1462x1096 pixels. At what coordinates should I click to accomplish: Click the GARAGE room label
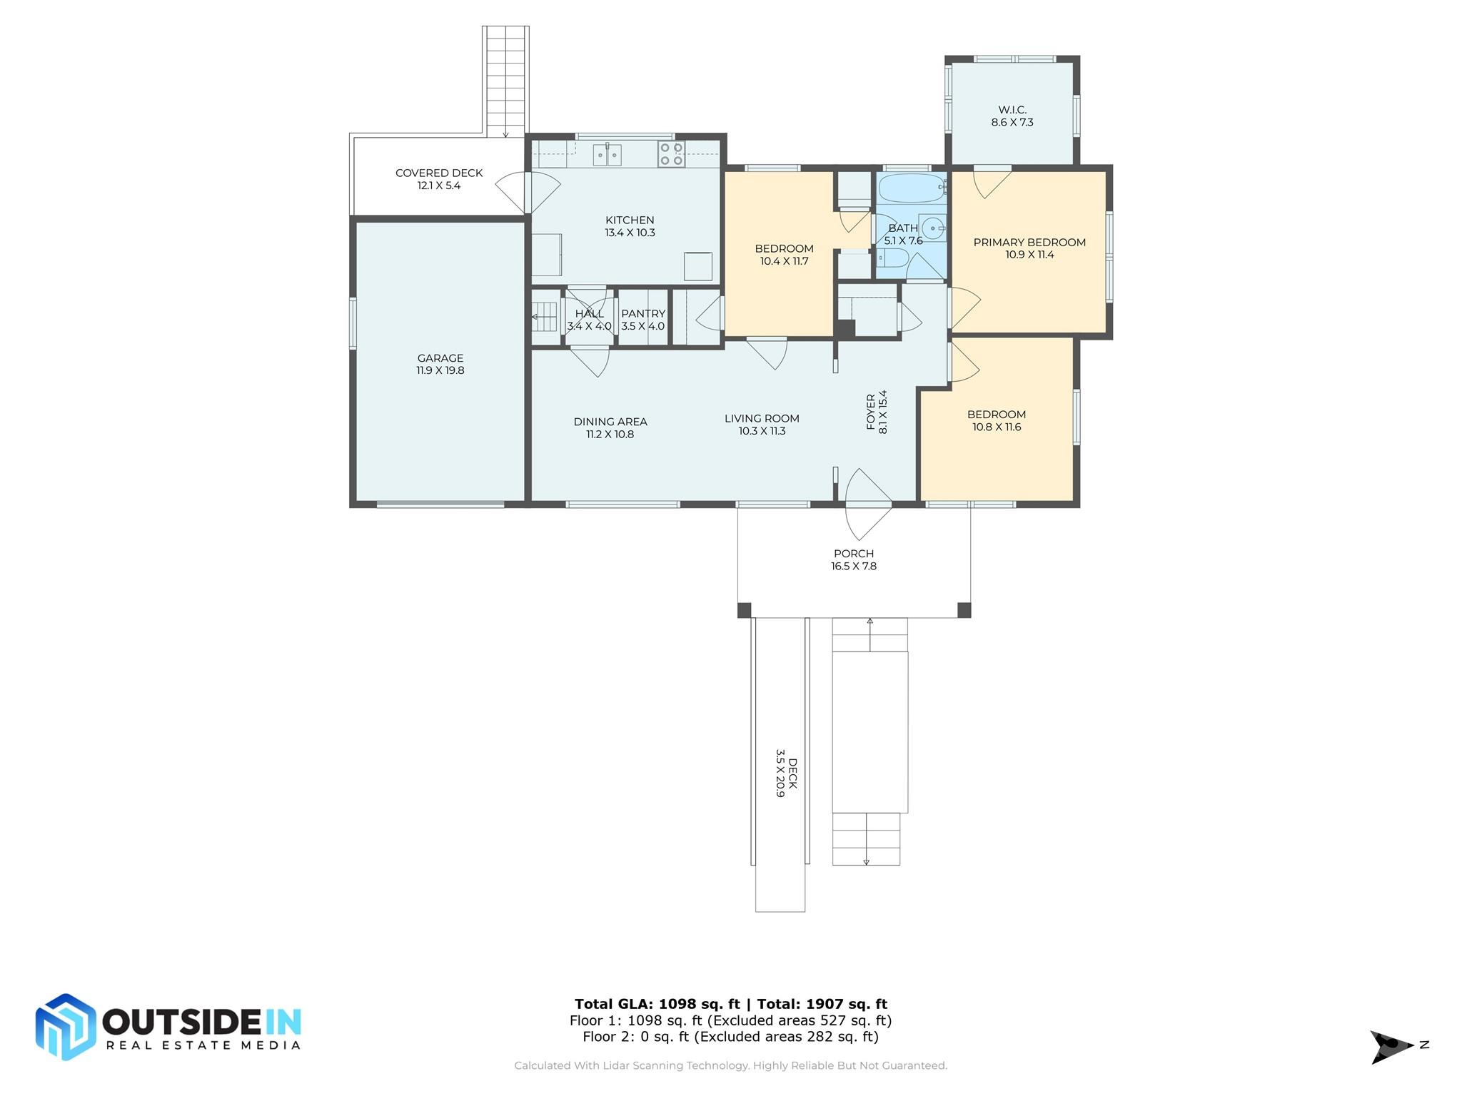pyautogui.click(x=440, y=358)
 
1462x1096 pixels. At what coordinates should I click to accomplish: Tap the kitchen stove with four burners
pyautogui.click(x=671, y=154)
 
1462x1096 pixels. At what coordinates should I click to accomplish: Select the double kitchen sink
pyautogui.click(x=608, y=155)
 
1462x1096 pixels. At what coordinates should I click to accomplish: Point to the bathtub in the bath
pyautogui.click(x=912, y=188)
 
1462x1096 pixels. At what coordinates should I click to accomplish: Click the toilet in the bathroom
pyautogui.click(x=893, y=257)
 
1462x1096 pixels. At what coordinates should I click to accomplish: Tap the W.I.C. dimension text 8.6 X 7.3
pyautogui.click(x=1012, y=122)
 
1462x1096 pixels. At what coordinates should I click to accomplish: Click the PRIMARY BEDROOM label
pyautogui.click(x=1029, y=243)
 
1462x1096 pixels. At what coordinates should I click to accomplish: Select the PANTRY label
pyautogui.click(x=643, y=314)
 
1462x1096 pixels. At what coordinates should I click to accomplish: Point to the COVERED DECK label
pyautogui.click(x=439, y=173)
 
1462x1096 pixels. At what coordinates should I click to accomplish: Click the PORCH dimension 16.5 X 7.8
pyautogui.click(x=854, y=567)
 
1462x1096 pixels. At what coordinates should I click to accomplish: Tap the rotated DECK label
pyautogui.click(x=792, y=773)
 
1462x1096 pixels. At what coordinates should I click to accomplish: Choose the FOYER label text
pyautogui.click(x=871, y=412)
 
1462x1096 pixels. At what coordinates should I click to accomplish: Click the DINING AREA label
pyautogui.click(x=610, y=422)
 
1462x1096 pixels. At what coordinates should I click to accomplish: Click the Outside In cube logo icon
pyautogui.click(x=66, y=1027)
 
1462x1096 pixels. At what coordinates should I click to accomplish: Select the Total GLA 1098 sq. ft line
pyautogui.click(x=731, y=1004)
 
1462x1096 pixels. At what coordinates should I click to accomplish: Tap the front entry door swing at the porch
pyautogui.click(x=868, y=504)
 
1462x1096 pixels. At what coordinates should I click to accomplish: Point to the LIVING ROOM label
pyautogui.click(x=762, y=419)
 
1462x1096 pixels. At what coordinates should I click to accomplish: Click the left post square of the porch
pyautogui.click(x=745, y=610)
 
